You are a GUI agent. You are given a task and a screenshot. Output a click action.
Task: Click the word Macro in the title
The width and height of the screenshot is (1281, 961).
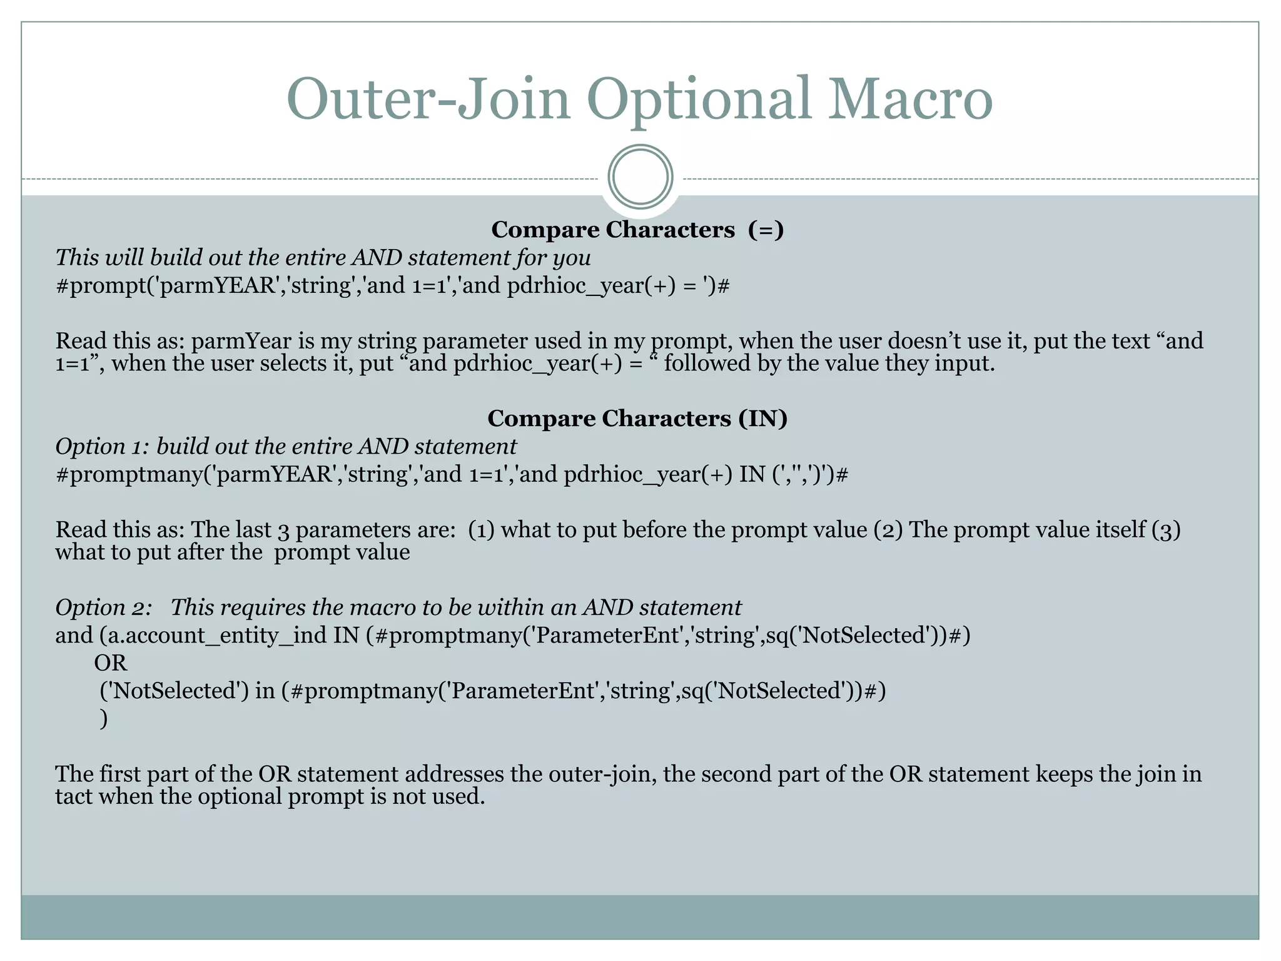click(x=910, y=99)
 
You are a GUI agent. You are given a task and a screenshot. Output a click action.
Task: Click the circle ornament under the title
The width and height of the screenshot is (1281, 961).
click(x=640, y=177)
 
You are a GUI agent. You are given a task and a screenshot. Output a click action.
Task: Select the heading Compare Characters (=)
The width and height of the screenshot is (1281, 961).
click(x=637, y=230)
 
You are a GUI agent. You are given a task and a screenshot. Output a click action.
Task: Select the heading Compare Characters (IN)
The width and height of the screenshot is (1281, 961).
click(x=637, y=419)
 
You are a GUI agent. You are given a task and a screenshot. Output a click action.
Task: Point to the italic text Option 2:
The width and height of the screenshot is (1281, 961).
click(x=103, y=608)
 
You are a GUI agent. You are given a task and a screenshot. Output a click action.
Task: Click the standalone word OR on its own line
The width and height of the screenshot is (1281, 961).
click(x=111, y=663)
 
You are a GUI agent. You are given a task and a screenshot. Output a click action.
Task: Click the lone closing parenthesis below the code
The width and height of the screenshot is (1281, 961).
click(x=104, y=718)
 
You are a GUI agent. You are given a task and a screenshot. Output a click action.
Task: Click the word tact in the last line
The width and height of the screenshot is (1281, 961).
click(x=74, y=796)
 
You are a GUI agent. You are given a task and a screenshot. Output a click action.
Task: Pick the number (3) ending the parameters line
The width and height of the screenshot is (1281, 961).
click(x=1166, y=530)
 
